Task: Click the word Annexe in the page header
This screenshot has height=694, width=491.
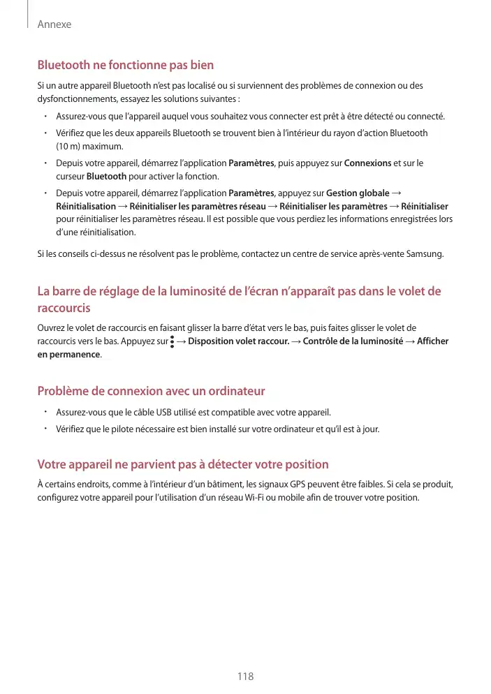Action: [54, 24]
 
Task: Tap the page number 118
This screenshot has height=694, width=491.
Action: [245, 677]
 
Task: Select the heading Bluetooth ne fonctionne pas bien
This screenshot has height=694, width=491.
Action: [125, 65]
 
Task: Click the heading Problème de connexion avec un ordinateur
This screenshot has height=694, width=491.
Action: [151, 390]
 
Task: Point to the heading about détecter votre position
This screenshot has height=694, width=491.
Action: [182, 464]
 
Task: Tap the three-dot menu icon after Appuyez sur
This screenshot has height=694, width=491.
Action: [172, 341]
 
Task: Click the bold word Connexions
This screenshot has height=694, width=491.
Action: [367, 163]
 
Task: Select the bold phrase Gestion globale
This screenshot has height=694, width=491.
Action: [358, 193]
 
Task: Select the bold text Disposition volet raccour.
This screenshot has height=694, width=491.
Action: [239, 341]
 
